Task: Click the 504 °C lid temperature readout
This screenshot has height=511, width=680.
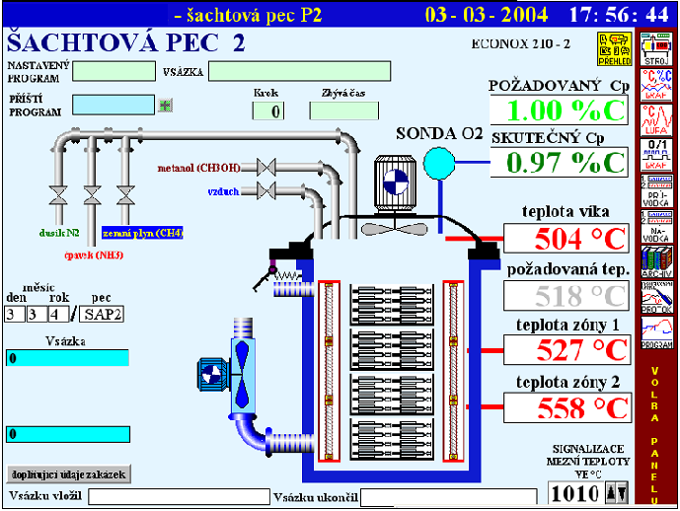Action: coord(567,239)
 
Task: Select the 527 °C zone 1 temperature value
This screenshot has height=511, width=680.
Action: coord(567,350)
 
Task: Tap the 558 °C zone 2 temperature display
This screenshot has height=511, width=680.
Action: coord(567,407)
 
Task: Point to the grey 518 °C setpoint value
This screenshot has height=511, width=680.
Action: coord(567,295)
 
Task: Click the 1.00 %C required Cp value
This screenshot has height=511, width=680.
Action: coord(558,109)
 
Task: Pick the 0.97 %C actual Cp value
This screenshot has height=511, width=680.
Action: coord(558,162)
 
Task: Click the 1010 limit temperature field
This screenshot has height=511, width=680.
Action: coord(574,491)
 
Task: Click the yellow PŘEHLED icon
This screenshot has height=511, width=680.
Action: coord(614,47)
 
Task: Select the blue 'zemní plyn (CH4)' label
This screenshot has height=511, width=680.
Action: coord(142,233)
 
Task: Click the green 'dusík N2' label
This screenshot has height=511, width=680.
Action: coord(58,233)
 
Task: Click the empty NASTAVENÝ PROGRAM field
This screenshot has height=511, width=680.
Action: coord(113,71)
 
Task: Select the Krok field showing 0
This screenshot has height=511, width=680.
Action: coord(267,110)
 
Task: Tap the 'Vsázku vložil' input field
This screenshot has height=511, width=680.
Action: coord(179,495)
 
